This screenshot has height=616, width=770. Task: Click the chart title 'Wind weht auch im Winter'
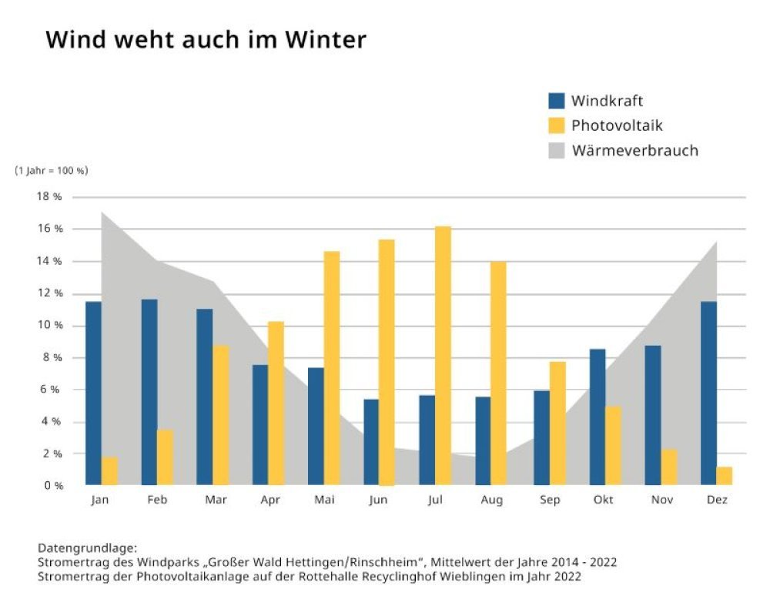(x=206, y=40)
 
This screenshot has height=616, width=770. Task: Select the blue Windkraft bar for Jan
(x=93, y=393)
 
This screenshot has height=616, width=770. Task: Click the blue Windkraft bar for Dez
(x=708, y=393)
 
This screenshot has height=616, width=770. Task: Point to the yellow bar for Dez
(x=724, y=476)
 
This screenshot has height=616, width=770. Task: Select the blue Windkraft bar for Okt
(x=597, y=417)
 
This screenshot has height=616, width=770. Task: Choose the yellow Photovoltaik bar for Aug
(x=498, y=373)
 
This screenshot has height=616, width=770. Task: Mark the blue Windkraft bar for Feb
(x=149, y=392)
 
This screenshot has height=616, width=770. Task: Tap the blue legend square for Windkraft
(x=557, y=101)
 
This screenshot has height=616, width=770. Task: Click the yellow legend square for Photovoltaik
(x=557, y=126)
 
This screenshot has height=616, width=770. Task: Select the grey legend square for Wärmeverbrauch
(x=557, y=150)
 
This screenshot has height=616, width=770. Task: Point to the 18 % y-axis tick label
(x=52, y=197)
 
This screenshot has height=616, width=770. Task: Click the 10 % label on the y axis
(x=52, y=326)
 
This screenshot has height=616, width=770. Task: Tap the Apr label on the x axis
(x=269, y=500)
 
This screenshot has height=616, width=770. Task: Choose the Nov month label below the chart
(x=661, y=500)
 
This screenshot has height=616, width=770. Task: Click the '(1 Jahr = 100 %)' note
(x=52, y=171)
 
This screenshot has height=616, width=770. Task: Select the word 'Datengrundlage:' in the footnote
(x=87, y=548)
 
